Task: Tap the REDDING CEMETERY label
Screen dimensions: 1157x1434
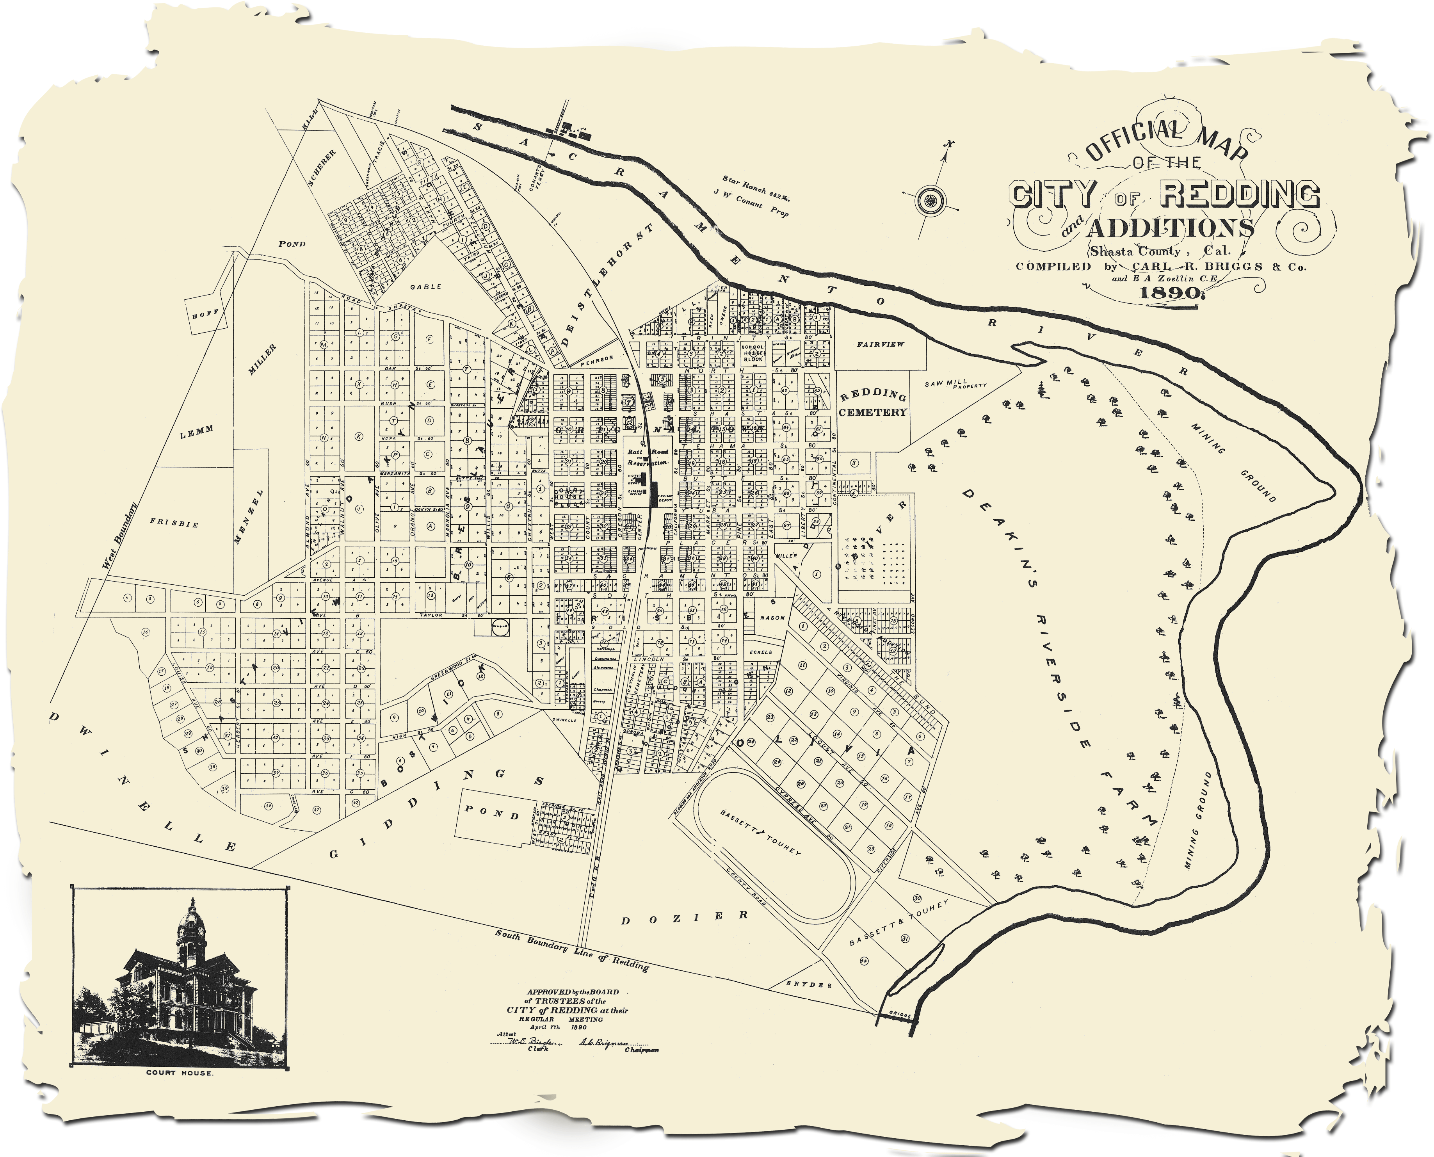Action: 872,403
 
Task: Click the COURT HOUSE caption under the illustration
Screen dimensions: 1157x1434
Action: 180,1092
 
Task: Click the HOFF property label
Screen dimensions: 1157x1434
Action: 201,313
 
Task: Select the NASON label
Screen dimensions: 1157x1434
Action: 773,617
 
